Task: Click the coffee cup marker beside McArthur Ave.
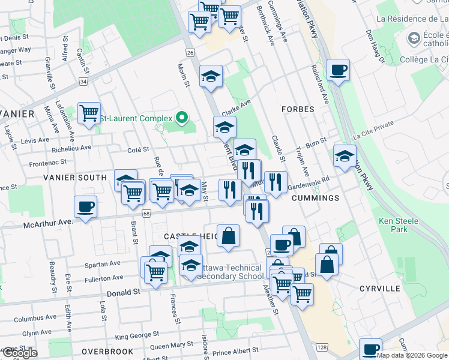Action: coord(85,207)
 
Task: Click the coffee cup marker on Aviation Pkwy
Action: coord(338,70)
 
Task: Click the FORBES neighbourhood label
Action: coord(298,109)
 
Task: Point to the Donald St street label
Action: coord(123,293)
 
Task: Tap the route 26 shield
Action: coord(190,53)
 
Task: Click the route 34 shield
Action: coord(83,81)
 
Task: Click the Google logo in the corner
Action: coord(19,353)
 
